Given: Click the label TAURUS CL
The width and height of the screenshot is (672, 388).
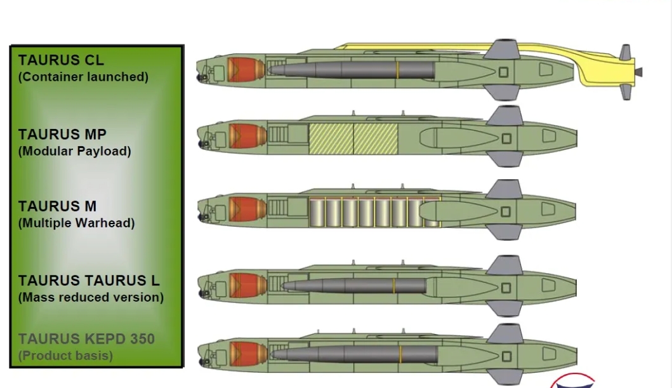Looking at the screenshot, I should coord(61,60).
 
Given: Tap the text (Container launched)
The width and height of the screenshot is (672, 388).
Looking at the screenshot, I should coord(83,77).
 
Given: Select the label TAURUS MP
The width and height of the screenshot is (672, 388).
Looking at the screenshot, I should coord(62,135).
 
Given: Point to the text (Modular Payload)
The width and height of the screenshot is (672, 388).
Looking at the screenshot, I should coord(75,151).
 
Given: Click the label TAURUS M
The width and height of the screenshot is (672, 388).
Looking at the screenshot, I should coord(57,206).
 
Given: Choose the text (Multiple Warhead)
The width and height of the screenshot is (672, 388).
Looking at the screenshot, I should coord(77,223).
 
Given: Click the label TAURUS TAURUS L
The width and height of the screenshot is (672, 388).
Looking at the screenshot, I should coord(89,281).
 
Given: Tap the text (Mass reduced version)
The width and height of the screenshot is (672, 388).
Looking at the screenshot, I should coord(91,297).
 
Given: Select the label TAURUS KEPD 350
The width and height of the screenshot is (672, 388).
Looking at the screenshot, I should coord(86,339).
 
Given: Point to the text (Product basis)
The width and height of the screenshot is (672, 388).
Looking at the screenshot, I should coord(66,356).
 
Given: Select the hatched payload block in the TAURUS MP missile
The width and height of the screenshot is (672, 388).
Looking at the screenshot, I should coord(353,138).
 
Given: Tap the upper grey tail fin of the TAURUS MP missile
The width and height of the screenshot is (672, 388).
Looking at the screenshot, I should coord(505,116).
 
